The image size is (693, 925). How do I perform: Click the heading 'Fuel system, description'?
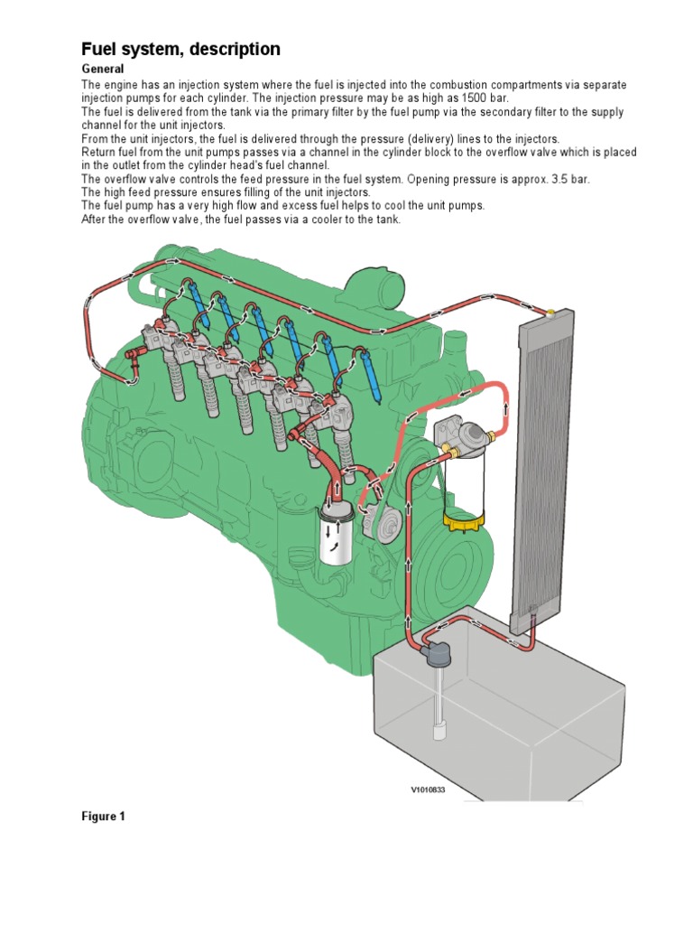click(181, 49)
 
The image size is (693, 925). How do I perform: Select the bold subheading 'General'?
click(102, 70)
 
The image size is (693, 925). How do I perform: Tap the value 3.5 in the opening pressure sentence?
click(541, 179)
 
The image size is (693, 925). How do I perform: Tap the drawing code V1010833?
click(429, 789)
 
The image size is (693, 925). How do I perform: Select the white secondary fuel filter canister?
click(336, 539)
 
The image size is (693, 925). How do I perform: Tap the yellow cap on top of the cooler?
click(550, 313)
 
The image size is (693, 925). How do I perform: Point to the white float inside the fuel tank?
click(439, 731)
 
